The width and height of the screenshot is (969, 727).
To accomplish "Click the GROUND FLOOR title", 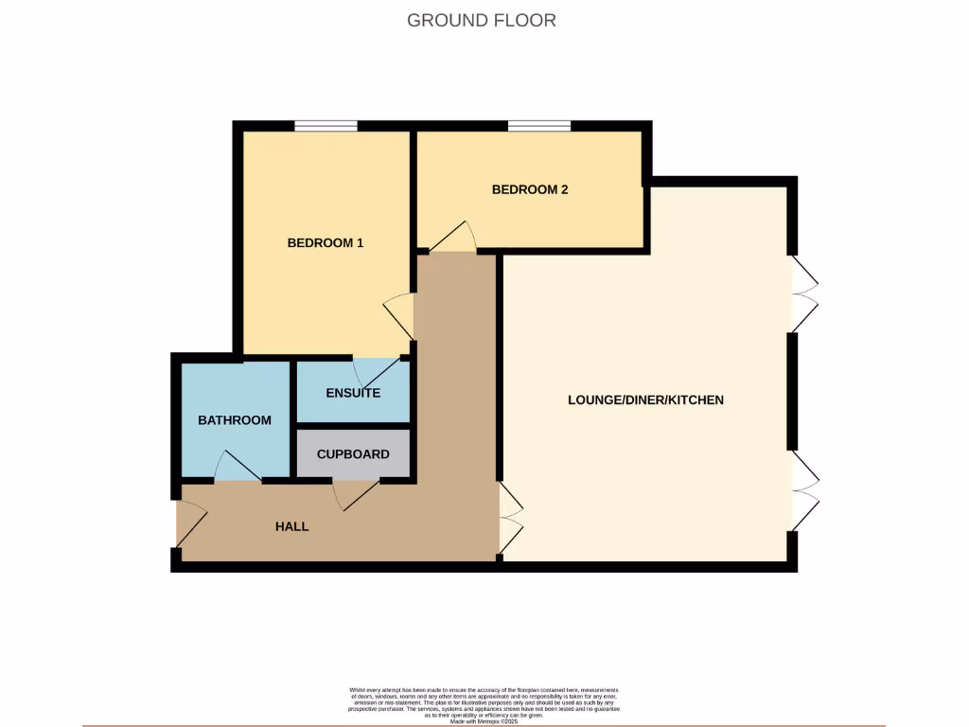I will (x=482, y=20).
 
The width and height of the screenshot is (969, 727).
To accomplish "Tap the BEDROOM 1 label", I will (x=326, y=243).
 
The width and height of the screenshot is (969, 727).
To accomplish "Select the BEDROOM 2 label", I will (x=530, y=189).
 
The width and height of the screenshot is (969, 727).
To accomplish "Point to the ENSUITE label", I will (x=353, y=393).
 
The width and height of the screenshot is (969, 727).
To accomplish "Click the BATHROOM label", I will (x=235, y=420).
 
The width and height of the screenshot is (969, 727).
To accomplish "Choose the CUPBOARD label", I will (x=353, y=454).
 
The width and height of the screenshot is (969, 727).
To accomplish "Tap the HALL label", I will (x=291, y=526).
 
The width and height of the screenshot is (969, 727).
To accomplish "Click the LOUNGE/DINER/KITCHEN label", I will (x=645, y=400).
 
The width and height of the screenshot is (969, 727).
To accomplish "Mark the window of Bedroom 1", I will (x=326, y=126).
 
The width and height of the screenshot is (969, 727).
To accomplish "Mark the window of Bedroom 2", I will (x=538, y=126).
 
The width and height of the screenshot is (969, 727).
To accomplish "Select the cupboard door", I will (x=357, y=492).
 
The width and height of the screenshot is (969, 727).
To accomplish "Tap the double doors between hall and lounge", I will (x=510, y=519).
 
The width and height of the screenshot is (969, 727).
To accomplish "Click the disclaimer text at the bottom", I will (x=484, y=706).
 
